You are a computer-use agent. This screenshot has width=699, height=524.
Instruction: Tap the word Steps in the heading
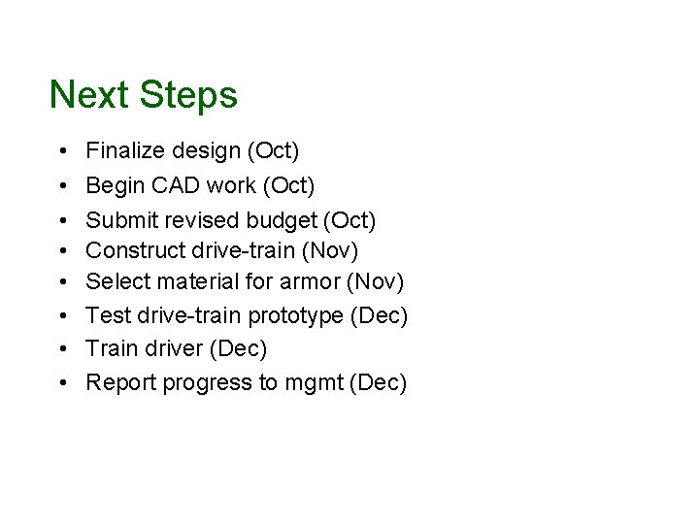tap(187, 96)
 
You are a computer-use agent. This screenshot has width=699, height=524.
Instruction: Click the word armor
tap(318, 282)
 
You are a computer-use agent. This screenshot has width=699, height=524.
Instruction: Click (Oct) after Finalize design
tap(274, 150)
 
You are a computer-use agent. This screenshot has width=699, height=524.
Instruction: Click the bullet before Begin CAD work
tap(60, 185)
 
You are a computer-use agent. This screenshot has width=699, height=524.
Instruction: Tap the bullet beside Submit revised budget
tap(60, 220)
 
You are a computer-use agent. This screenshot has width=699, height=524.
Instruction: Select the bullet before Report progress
tap(60, 383)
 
